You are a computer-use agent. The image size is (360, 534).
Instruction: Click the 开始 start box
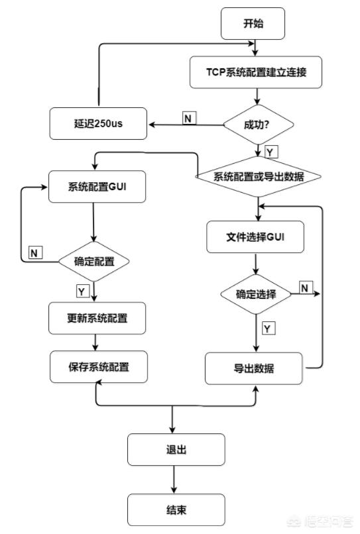point(253,23)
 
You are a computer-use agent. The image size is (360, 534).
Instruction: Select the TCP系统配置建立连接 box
point(256,72)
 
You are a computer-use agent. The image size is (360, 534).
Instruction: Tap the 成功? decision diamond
point(258,125)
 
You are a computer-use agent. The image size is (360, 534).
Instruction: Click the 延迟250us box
point(98,123)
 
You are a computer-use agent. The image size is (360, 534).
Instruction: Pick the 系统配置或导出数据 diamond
point(258,176)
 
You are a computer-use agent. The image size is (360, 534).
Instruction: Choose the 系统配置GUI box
point(97,187)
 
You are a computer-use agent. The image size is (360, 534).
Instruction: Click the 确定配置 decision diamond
point(94,262)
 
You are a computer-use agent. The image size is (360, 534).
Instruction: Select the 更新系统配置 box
point(97,318)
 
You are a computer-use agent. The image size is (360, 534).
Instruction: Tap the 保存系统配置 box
point(99,367)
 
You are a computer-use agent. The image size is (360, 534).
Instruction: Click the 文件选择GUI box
point(255,237)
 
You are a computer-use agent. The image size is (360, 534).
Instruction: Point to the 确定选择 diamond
point(256,294)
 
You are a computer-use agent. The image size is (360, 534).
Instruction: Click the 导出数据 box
point(254,368)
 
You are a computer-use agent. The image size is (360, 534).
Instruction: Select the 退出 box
point(176,450)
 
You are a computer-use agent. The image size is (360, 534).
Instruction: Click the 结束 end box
point(176,510)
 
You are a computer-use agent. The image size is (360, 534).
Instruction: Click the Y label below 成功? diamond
point(271,152)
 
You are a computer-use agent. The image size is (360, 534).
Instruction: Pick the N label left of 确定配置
point(35,252)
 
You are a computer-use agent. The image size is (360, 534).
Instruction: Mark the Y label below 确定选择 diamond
point(269,329)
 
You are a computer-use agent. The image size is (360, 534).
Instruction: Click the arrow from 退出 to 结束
point(174,480)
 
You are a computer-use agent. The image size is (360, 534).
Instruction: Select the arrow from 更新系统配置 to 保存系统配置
point(95,343)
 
